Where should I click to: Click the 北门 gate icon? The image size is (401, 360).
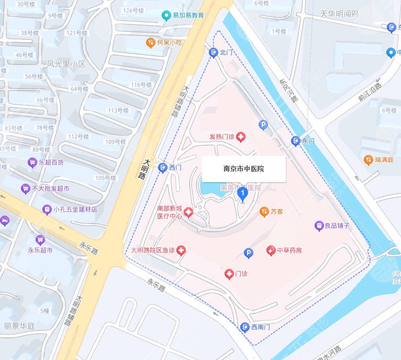(x=214, y=52)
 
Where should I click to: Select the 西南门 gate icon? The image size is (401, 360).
(x=244, y=327)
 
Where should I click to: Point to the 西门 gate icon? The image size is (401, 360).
(x=162, y=167)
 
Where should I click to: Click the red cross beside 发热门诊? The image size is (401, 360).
(x=241, y=137)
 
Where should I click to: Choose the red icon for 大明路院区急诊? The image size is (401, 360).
(x=182, y=251)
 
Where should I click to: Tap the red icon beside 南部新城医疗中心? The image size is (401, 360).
(x=188, y=212)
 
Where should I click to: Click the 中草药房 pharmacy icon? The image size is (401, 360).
(x=271, y=250)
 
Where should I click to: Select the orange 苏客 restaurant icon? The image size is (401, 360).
(x=264, y=211)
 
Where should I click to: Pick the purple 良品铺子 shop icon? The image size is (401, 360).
(x=318, y=226)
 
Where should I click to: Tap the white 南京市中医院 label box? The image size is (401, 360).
(x=243, y=168)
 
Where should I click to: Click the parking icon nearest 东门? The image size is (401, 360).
(x=263, y=125)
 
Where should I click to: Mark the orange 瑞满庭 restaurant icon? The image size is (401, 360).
(x=368, y=160)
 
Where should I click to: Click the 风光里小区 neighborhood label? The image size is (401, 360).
(x=66, y=64)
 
